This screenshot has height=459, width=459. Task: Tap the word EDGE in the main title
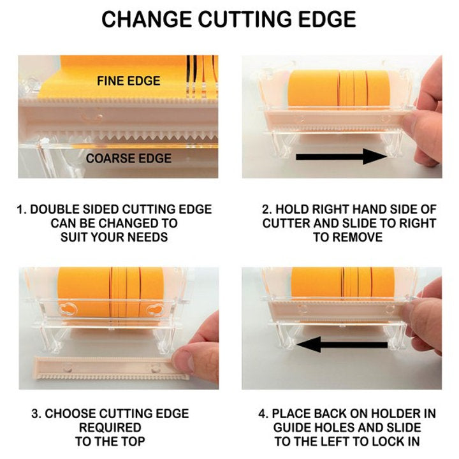pyautogui.click(x=328, y=19)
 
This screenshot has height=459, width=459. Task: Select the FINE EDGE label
pyautogui.click(x=129, y=81)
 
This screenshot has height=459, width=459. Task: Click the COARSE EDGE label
pyautogui.click(x=129, y=158)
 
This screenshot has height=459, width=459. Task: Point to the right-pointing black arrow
pyautogui.click(x=341, y=157)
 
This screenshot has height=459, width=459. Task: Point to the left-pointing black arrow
pyautogui.click(x=342, y=344)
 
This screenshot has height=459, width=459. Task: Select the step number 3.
pyautogui.click(x=36, y=414)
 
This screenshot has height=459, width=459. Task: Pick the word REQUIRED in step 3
pyautogui.click(x=110, y=427)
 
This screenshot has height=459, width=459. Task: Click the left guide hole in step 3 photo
pyautogui.click(x=68, y=310)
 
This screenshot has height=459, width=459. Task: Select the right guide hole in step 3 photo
pyautogui.click(x=155, y=310)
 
